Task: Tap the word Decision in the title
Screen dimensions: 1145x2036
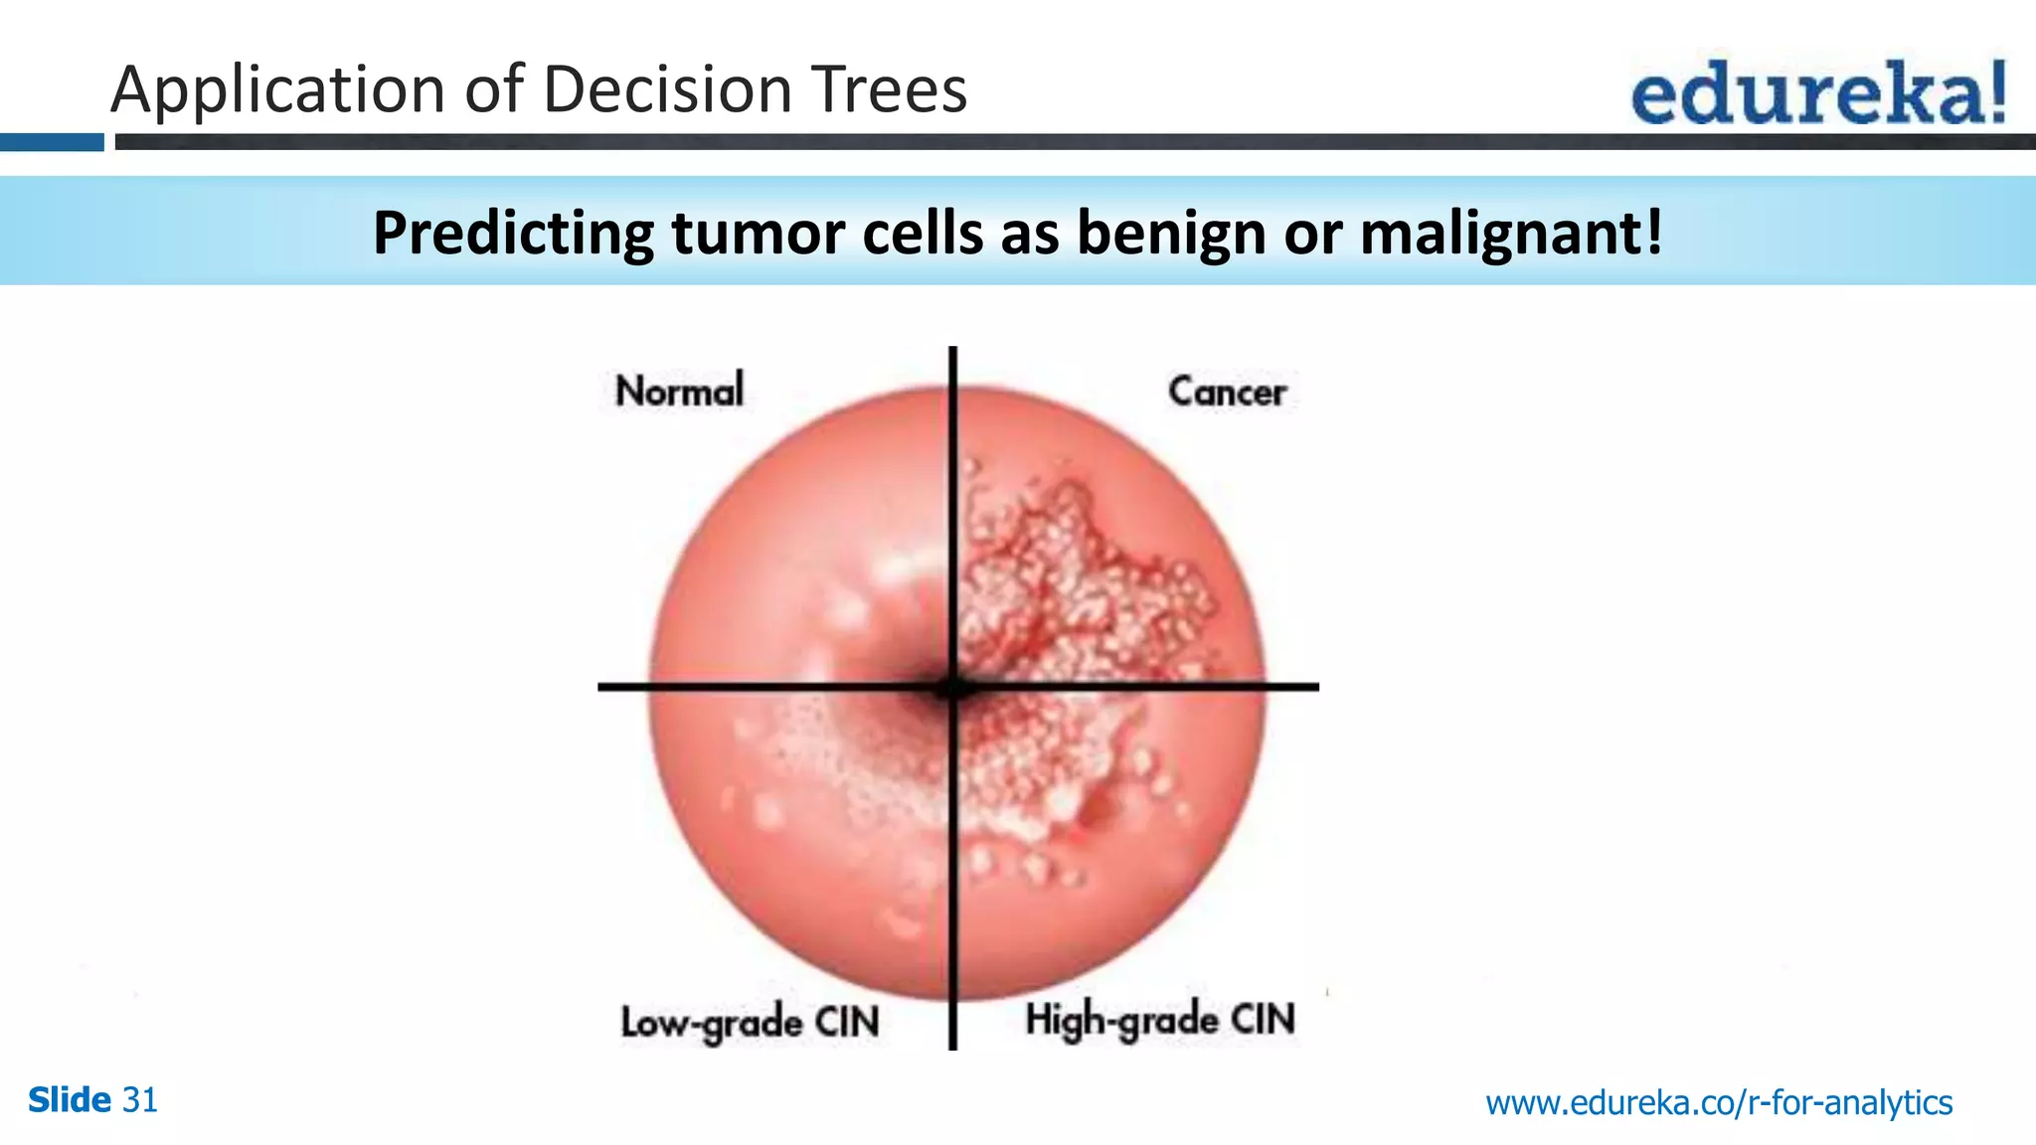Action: coord(667,89)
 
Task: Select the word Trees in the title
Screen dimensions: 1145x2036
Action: coord(890,89)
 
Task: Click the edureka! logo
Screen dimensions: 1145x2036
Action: coord(1817,92)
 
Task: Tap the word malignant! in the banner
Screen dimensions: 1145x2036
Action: coord(1511,235)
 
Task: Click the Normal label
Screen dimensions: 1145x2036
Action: coord(679,391)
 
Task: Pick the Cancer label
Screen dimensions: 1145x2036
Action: coord(1227,392)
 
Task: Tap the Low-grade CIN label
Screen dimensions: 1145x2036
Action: coord(750,1023)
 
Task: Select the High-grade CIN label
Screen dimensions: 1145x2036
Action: coord(1160,1020)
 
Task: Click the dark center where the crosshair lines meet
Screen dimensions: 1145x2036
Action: coord(952,686)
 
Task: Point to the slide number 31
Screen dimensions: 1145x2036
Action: coord(140,1100)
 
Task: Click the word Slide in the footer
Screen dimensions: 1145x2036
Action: coord(69,1100)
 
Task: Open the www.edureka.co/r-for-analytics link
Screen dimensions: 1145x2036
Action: coord(1719,1102)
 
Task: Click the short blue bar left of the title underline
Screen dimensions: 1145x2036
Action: coord(51,142)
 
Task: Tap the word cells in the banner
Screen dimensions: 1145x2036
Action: coord(924,235)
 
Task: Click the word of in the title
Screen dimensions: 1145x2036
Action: coord(494,89)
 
